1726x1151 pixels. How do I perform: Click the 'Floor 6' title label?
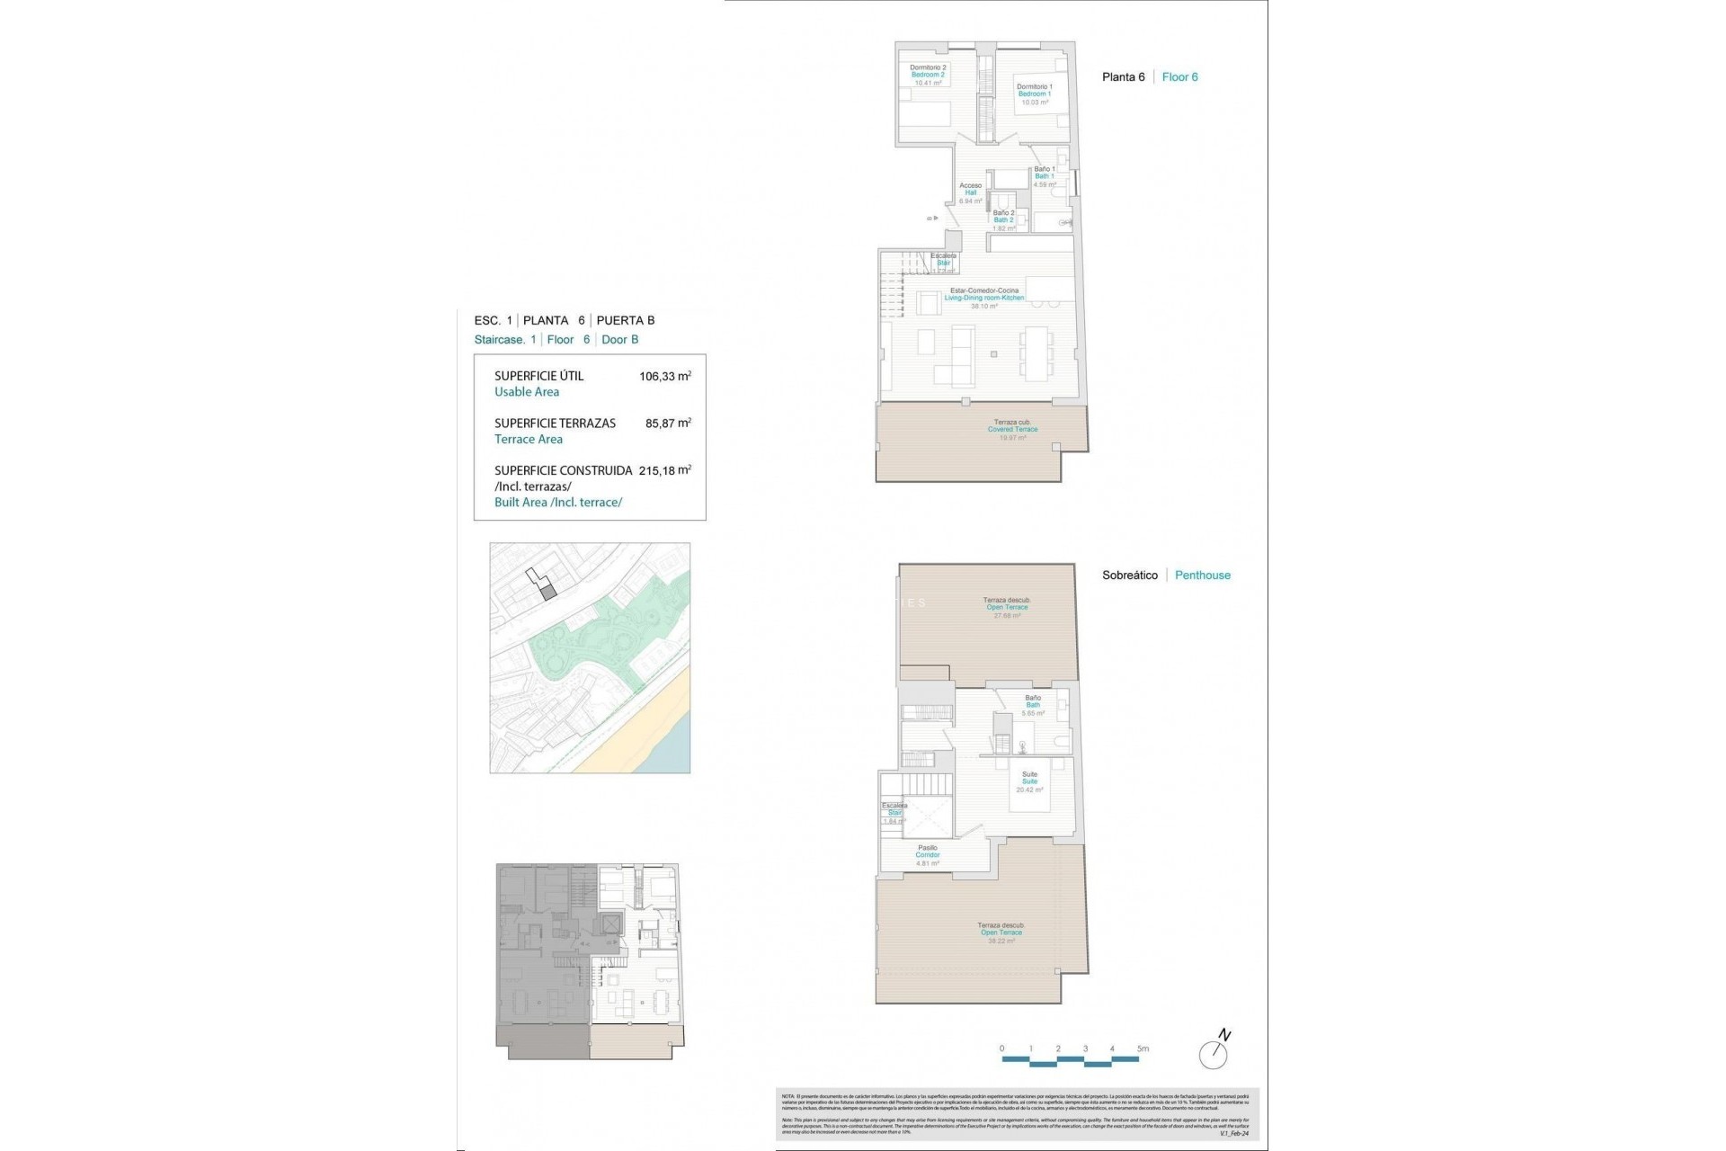tap(1179, 77)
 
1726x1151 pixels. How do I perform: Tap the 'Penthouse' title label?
tap(1202, 575)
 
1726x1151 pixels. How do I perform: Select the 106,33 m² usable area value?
tap(664, 377)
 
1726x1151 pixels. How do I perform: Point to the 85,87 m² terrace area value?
tap(668, 424)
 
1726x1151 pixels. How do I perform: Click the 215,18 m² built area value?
tap(664, 470)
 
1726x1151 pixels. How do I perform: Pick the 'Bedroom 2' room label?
tap(928, 75)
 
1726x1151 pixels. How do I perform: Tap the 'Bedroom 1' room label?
tap(1034, 94)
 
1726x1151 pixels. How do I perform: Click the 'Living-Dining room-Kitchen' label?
tap(983, 298)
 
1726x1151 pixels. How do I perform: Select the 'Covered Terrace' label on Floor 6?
tap(1012, 429)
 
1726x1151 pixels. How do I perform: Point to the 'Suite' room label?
tap(1029, 781)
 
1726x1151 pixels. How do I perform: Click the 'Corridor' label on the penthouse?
tap(927, 855)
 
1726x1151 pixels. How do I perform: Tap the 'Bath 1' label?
tap(1044, 176)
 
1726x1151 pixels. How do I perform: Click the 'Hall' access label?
tap(970, 192)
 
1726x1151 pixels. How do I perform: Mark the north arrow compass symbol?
tap(1214, 1052)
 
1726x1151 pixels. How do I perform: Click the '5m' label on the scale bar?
tap(1142, 1048)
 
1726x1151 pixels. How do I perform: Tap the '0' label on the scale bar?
tap(1002, 1048)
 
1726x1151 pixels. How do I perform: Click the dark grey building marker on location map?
tap(549, 591)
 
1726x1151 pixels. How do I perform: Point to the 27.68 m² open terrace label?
tap(1007, 615)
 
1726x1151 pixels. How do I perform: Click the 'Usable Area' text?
tap(527, 392)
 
